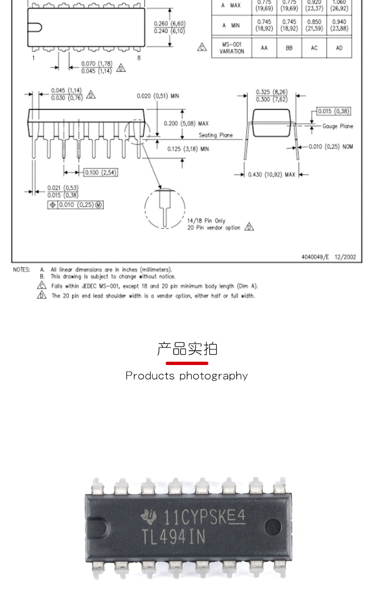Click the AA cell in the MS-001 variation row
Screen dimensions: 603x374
264,48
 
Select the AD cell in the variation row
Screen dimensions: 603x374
339,48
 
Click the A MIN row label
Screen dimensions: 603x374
232,25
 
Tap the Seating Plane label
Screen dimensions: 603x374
215,135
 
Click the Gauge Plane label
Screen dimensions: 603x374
338,126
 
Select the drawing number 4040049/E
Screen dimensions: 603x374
315,257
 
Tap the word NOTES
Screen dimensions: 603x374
21,269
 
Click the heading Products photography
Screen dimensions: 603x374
187,376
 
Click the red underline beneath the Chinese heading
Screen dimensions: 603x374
187,363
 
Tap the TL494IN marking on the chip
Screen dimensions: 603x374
173,537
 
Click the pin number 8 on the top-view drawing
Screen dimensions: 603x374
139,58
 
